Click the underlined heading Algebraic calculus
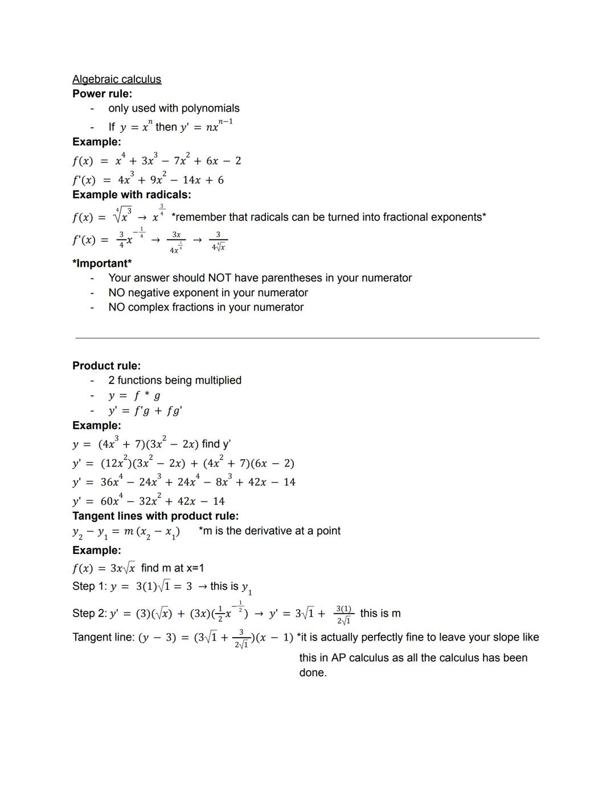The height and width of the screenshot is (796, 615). pos(117,79)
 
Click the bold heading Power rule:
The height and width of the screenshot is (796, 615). pos(102,93)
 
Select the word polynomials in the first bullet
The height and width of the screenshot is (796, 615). pos(210,108)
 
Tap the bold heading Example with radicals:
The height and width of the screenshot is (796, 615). pos(132,194)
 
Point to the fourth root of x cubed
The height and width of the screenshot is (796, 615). pos(123,217)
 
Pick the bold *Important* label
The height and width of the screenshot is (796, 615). pos(102,263)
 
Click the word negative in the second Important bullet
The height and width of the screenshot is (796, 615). pos(153,293)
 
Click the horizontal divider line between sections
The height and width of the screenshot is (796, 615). pos(307,338)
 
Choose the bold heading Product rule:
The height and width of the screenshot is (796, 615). pos(106,366)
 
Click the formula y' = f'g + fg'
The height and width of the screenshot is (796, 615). pos(145,411)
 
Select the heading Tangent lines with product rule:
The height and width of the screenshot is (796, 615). pos(155,516)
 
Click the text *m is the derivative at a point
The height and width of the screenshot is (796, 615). pos(269,531)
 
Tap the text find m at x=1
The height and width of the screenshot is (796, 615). pos(173,568)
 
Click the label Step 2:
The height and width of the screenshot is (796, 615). pos(89,614)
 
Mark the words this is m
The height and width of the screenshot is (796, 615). pos(380,614)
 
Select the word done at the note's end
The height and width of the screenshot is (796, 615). pos(312,673)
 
